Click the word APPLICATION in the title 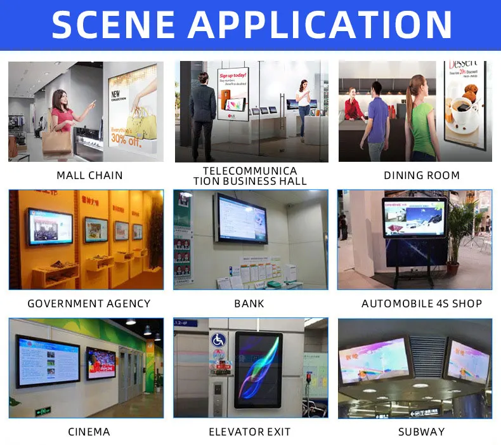point(320,25)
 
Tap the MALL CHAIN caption point(89,175)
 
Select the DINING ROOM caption point(422,175)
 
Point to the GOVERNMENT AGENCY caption point(89,303)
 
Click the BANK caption point(249,303)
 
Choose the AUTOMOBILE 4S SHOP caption point(422,303)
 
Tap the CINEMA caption point(89,432)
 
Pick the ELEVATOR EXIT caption point(249,432)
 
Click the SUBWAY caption point(422,432)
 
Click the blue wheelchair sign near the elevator point(219,340)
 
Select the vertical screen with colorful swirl point(258,369)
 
